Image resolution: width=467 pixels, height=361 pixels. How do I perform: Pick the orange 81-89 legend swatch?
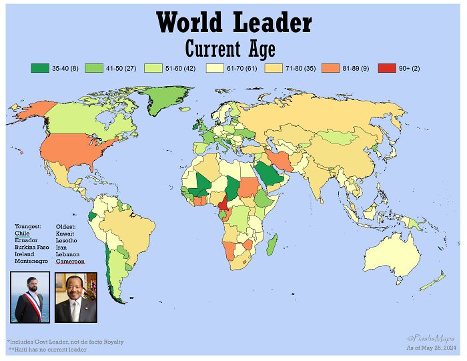[331, 68]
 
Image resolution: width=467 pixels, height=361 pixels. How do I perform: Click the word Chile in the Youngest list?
[22, 234]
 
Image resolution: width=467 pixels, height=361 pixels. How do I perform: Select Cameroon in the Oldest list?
[70, 262]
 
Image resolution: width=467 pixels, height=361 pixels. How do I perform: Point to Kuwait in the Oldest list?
[65, 234]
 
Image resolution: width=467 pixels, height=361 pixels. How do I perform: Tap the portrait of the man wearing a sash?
[31, 298]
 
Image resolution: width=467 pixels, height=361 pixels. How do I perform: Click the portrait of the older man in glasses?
[75, 298]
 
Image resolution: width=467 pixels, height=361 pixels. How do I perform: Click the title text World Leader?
[233, 23]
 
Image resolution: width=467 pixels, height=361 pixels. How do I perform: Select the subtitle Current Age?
[229, 49]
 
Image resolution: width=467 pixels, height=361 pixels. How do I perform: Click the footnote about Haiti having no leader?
[47, 350]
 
